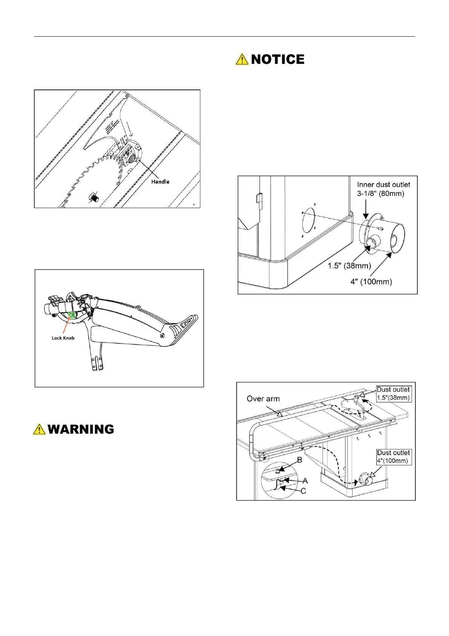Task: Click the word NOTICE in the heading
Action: pyautogui.click(x=277, y=59)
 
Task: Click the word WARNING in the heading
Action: pyautogui.click(x=81, y=429)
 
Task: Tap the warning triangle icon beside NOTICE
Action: pyautogui.click(x=242, y=59)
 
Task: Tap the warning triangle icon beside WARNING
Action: pyautogui.click(x=39, y=429)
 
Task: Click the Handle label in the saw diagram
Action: pyautogui.click(x=160, y=182)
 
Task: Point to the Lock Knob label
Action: pyautogui.click(x=63, y=338)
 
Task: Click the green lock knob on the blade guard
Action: pyautogui.click(x=71, y=315)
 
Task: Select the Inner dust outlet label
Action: pyautogui.click(x=383, y=185)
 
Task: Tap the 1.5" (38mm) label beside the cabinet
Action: pyautogui.click(x=349, y=266)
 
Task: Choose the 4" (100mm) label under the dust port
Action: pyautogui.click(x=371, y=281)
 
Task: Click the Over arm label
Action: pyautogui.click(x=263, y=399)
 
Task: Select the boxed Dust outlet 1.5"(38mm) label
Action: pyautogui.click(x=393, y=394)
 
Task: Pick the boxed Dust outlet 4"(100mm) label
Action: pyautogui.click(x=393, y=457)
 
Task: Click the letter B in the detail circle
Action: pyautogui.click(x=300, y=460)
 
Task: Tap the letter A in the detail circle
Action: pyautogui.click(x=305, y=481)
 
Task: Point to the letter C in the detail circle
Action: pyautogui.click(x=303, y=491)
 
